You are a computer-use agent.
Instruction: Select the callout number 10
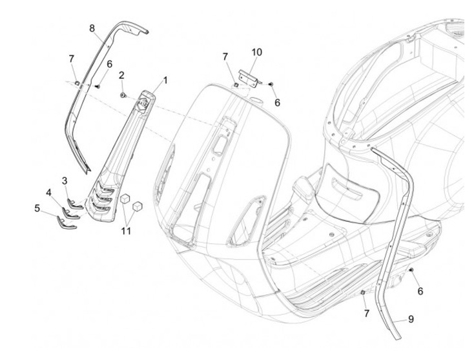point(256,52)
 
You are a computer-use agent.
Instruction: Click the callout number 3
point(65,179)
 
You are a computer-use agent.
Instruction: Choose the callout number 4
point(49,192)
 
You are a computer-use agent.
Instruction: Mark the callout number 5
point(37,208)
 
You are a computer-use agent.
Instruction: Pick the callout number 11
point(126,230)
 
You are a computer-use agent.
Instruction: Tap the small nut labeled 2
point(122,95)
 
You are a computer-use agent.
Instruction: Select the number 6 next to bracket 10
point(277,103)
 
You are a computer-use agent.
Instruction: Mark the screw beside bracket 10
point(271,85)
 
